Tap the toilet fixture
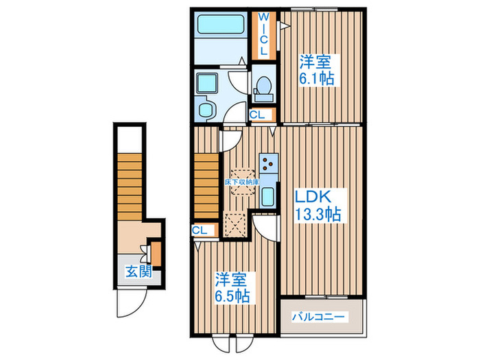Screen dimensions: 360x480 [263, 87]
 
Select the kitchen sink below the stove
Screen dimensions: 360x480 [268, 196]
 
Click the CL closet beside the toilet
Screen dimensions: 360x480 [261, 115]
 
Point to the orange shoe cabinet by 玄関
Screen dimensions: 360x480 [156, 253]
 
